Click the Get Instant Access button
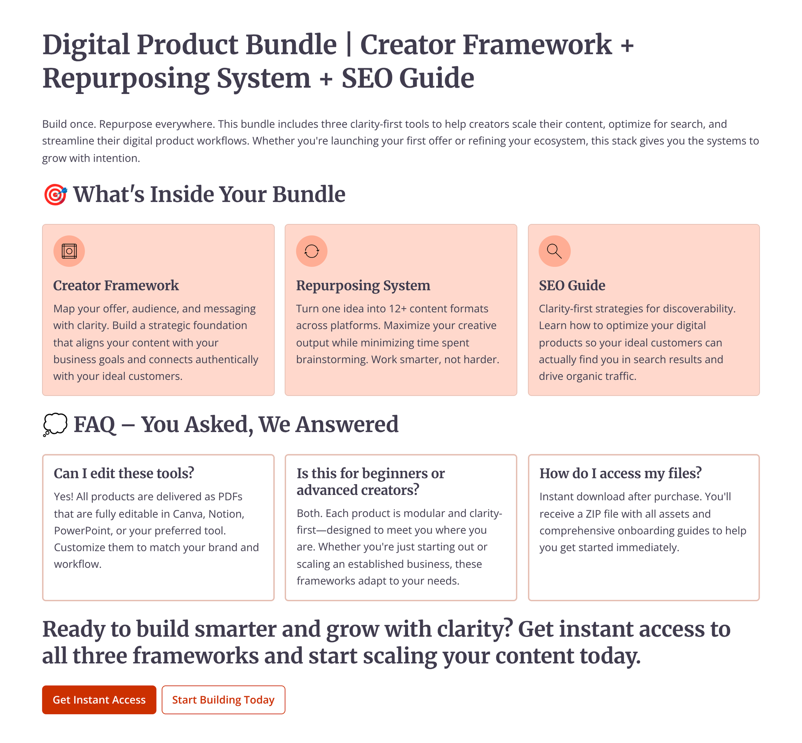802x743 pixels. [99, 700]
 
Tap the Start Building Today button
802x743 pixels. [223, 700]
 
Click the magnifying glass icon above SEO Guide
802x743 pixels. [554, 251]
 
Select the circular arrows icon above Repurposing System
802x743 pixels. [312, 251]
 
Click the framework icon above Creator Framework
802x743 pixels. [69, 251]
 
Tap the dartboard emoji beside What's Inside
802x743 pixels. [55, 195]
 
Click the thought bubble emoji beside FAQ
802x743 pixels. [55, 425]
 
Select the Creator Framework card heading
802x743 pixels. [116, 285]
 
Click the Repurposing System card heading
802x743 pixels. [363, 285]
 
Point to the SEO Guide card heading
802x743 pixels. [572, 285]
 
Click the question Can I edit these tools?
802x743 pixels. [124, 473]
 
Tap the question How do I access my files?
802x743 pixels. [620, 473]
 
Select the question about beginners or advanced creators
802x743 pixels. [370, 482]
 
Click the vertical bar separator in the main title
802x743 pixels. [349, 45]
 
